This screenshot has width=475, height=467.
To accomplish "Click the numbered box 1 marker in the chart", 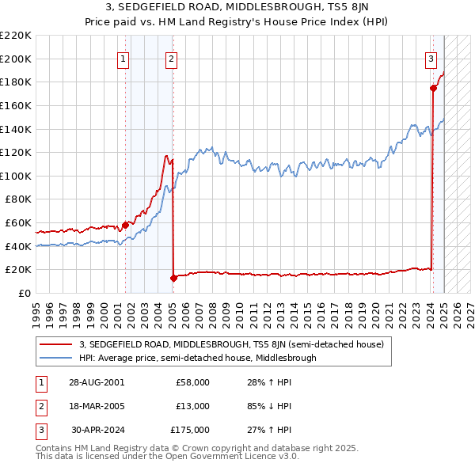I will pos(124,58).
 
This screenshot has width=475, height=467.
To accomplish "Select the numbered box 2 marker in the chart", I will pos(171,58).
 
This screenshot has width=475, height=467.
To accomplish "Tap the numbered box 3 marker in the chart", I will pos(431,58).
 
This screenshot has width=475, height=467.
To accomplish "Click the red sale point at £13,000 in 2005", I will pos(173,278).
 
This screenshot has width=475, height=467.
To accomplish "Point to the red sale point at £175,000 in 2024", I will pos(433,88).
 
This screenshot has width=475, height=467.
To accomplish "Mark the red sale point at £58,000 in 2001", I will pos(125,225).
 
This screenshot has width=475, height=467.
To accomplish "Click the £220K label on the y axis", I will pos(16,36).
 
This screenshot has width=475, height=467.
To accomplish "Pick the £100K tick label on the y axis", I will pos(16,176).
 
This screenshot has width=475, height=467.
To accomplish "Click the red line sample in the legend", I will pos(55,344).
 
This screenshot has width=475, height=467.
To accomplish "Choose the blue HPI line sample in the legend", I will pos(55,358).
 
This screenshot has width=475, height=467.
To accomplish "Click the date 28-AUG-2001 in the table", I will pos(97,382).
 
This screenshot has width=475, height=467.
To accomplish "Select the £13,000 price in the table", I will pos(192,406).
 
